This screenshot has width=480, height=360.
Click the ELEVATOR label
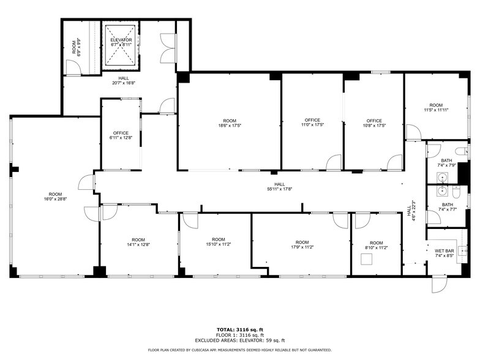[121, 40]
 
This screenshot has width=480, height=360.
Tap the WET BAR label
[444, 251]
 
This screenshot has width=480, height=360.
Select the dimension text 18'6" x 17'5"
[230, 126]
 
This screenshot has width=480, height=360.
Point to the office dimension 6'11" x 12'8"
[121, 138]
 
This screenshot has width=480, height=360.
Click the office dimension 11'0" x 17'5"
[312, 125]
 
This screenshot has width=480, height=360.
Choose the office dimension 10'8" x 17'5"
[374, 126]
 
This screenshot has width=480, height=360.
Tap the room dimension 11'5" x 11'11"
[436, 110]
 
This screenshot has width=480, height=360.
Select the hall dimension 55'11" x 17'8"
[279, 189]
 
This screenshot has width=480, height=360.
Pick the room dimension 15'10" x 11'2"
[219, 244]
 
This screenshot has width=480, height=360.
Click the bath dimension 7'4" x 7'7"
[448, 209]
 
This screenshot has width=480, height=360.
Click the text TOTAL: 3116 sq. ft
[239, 330]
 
